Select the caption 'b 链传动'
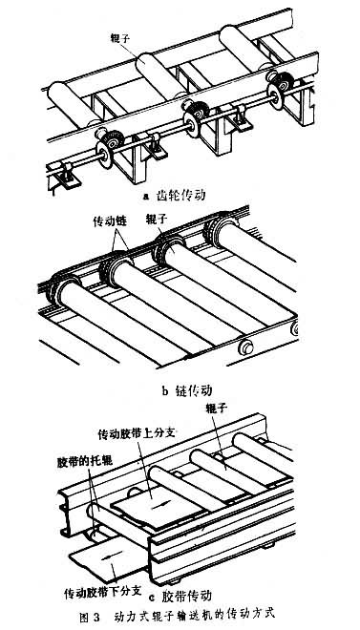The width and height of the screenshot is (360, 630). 187,390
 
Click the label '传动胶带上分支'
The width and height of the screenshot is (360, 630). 138,433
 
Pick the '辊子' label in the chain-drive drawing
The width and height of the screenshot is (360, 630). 156,220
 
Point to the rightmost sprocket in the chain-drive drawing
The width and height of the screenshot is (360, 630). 216,231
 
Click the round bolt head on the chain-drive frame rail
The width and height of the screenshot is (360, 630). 245,346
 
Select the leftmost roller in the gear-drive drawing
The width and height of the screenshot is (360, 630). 70,104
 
